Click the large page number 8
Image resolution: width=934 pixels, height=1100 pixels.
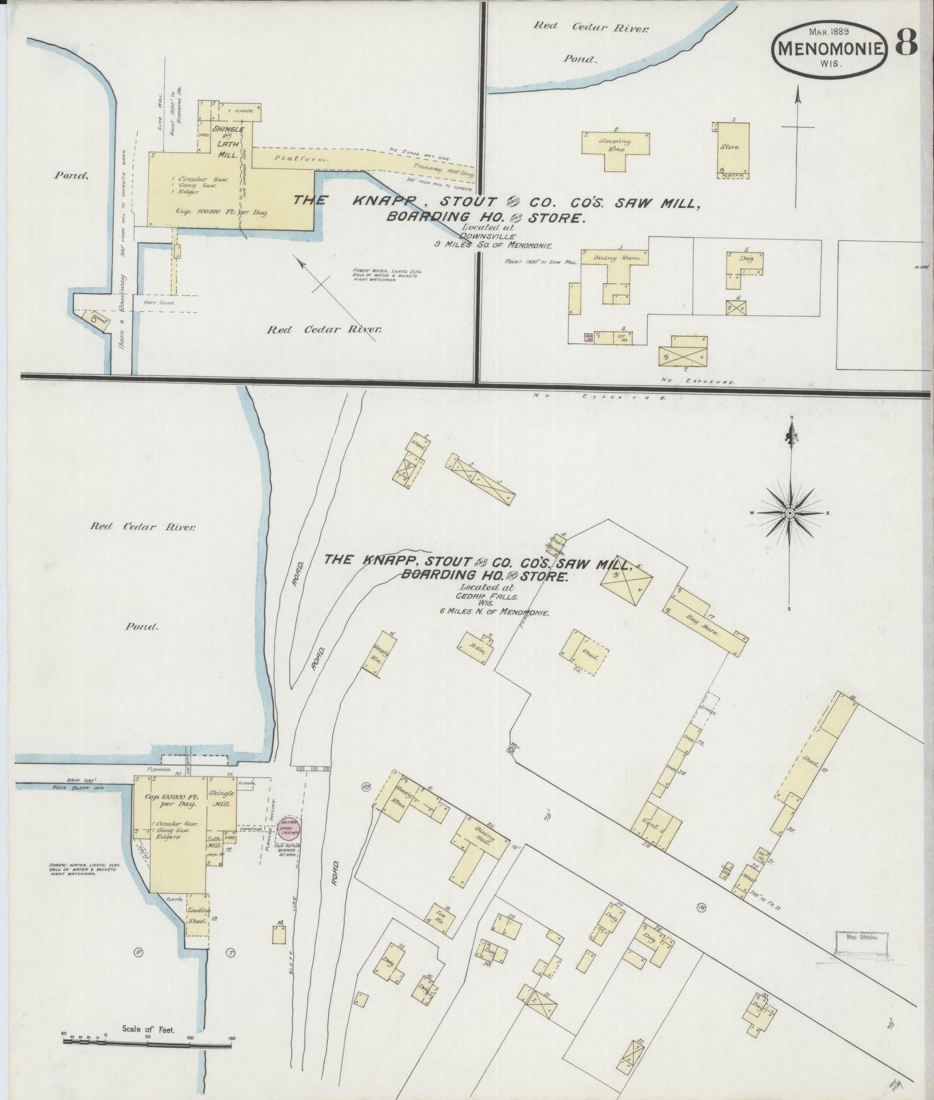(905, 41)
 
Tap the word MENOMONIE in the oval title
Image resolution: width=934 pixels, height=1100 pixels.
(830, 49)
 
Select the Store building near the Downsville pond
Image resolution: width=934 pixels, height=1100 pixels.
(733, 147)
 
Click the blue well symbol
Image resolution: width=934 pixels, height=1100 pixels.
(511, 750)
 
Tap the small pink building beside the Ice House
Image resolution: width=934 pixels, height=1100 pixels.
(588, 337)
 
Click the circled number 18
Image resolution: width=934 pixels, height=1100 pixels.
(701, 907)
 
